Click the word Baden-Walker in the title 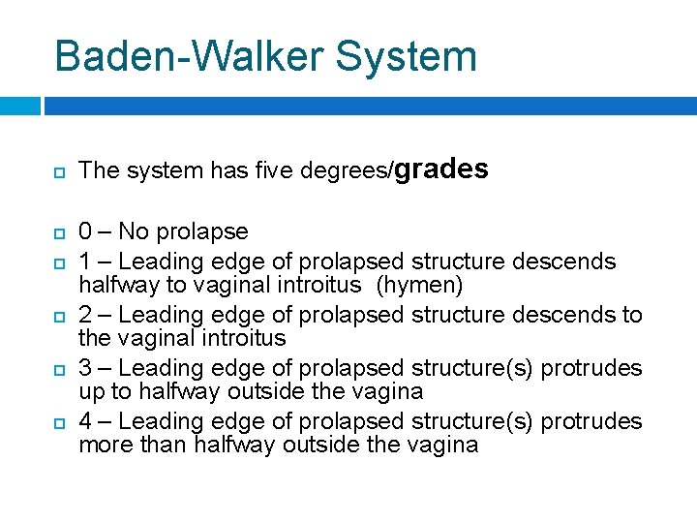click(x=189, y=56)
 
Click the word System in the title click(x=407, y=56)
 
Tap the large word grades click(x=441, y=169)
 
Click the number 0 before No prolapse click(x=86, y=232)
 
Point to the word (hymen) click(x=423, y=286)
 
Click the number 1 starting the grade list click(x=85, y=261)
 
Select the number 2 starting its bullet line click(x=86, y=315)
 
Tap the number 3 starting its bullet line click(x=86, y=368)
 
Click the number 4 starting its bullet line click(x=86, y=421)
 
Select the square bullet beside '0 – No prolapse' click(x=59, y=233)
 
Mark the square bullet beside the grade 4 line click(x=59, y=422)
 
